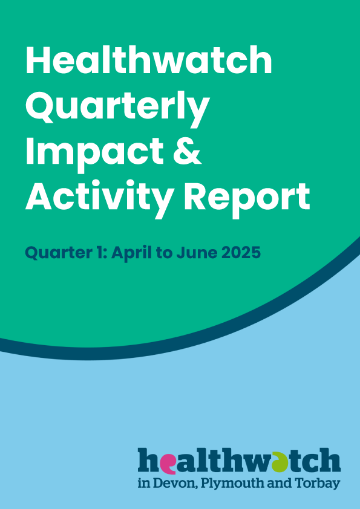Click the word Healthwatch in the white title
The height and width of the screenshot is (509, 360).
(x=149, y=60)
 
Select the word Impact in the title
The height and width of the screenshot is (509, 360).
(x=94, y=152)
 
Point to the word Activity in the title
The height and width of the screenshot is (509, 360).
(x=99, y=199)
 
